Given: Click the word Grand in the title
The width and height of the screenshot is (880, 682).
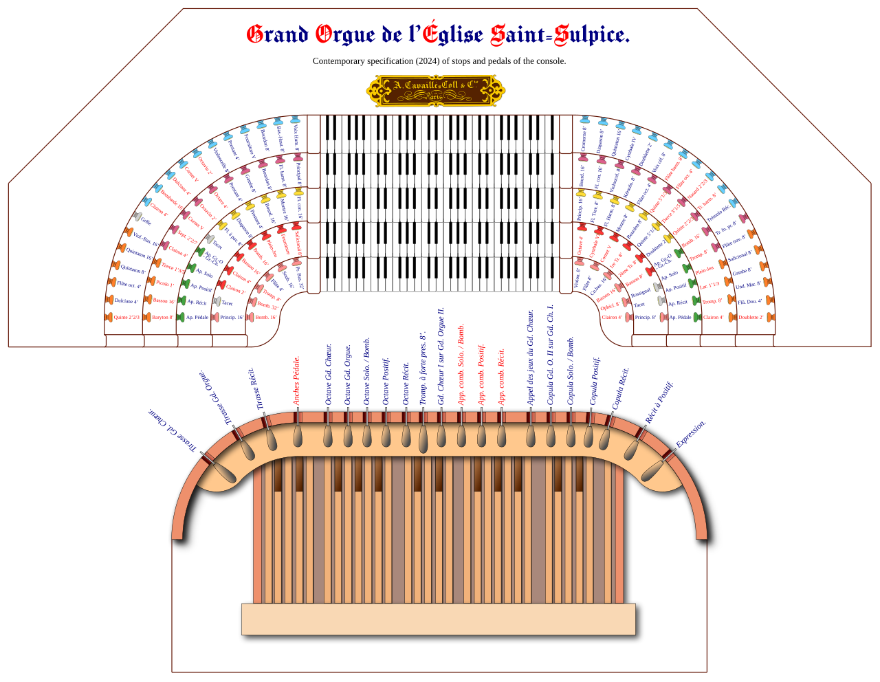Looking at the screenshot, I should click(x=277, y=34).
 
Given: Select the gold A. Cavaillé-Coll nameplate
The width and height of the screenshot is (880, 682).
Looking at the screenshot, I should click(x=435, y=90).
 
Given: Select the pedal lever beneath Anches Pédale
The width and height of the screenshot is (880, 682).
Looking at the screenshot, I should click(x=298, y=435).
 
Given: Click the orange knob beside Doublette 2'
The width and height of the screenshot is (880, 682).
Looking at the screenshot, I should click(x=770, y=317).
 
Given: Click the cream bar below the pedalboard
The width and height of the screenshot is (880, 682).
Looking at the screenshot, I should click(x=439, y=619).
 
